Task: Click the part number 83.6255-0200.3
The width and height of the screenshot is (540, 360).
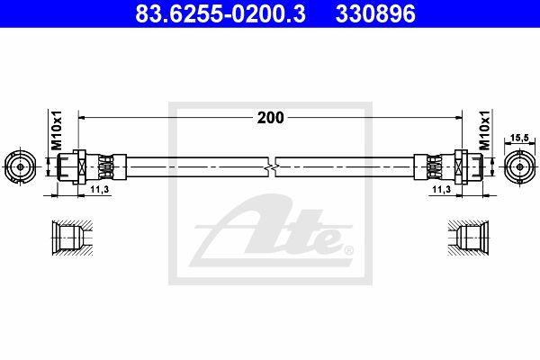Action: [220, 13]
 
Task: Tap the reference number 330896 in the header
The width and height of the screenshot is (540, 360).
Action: [375, 13]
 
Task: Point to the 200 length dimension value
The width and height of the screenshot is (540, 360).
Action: [271, 118]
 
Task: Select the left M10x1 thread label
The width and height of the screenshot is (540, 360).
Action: [56, 130]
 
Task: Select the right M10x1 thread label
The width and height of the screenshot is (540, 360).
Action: [484, 130]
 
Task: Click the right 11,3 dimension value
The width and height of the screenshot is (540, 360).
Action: [442, 189]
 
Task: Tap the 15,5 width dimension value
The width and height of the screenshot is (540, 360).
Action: [519, 138]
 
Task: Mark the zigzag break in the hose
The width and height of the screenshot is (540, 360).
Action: [272, 167]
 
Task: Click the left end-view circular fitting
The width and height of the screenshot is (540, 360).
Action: [21, 166]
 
